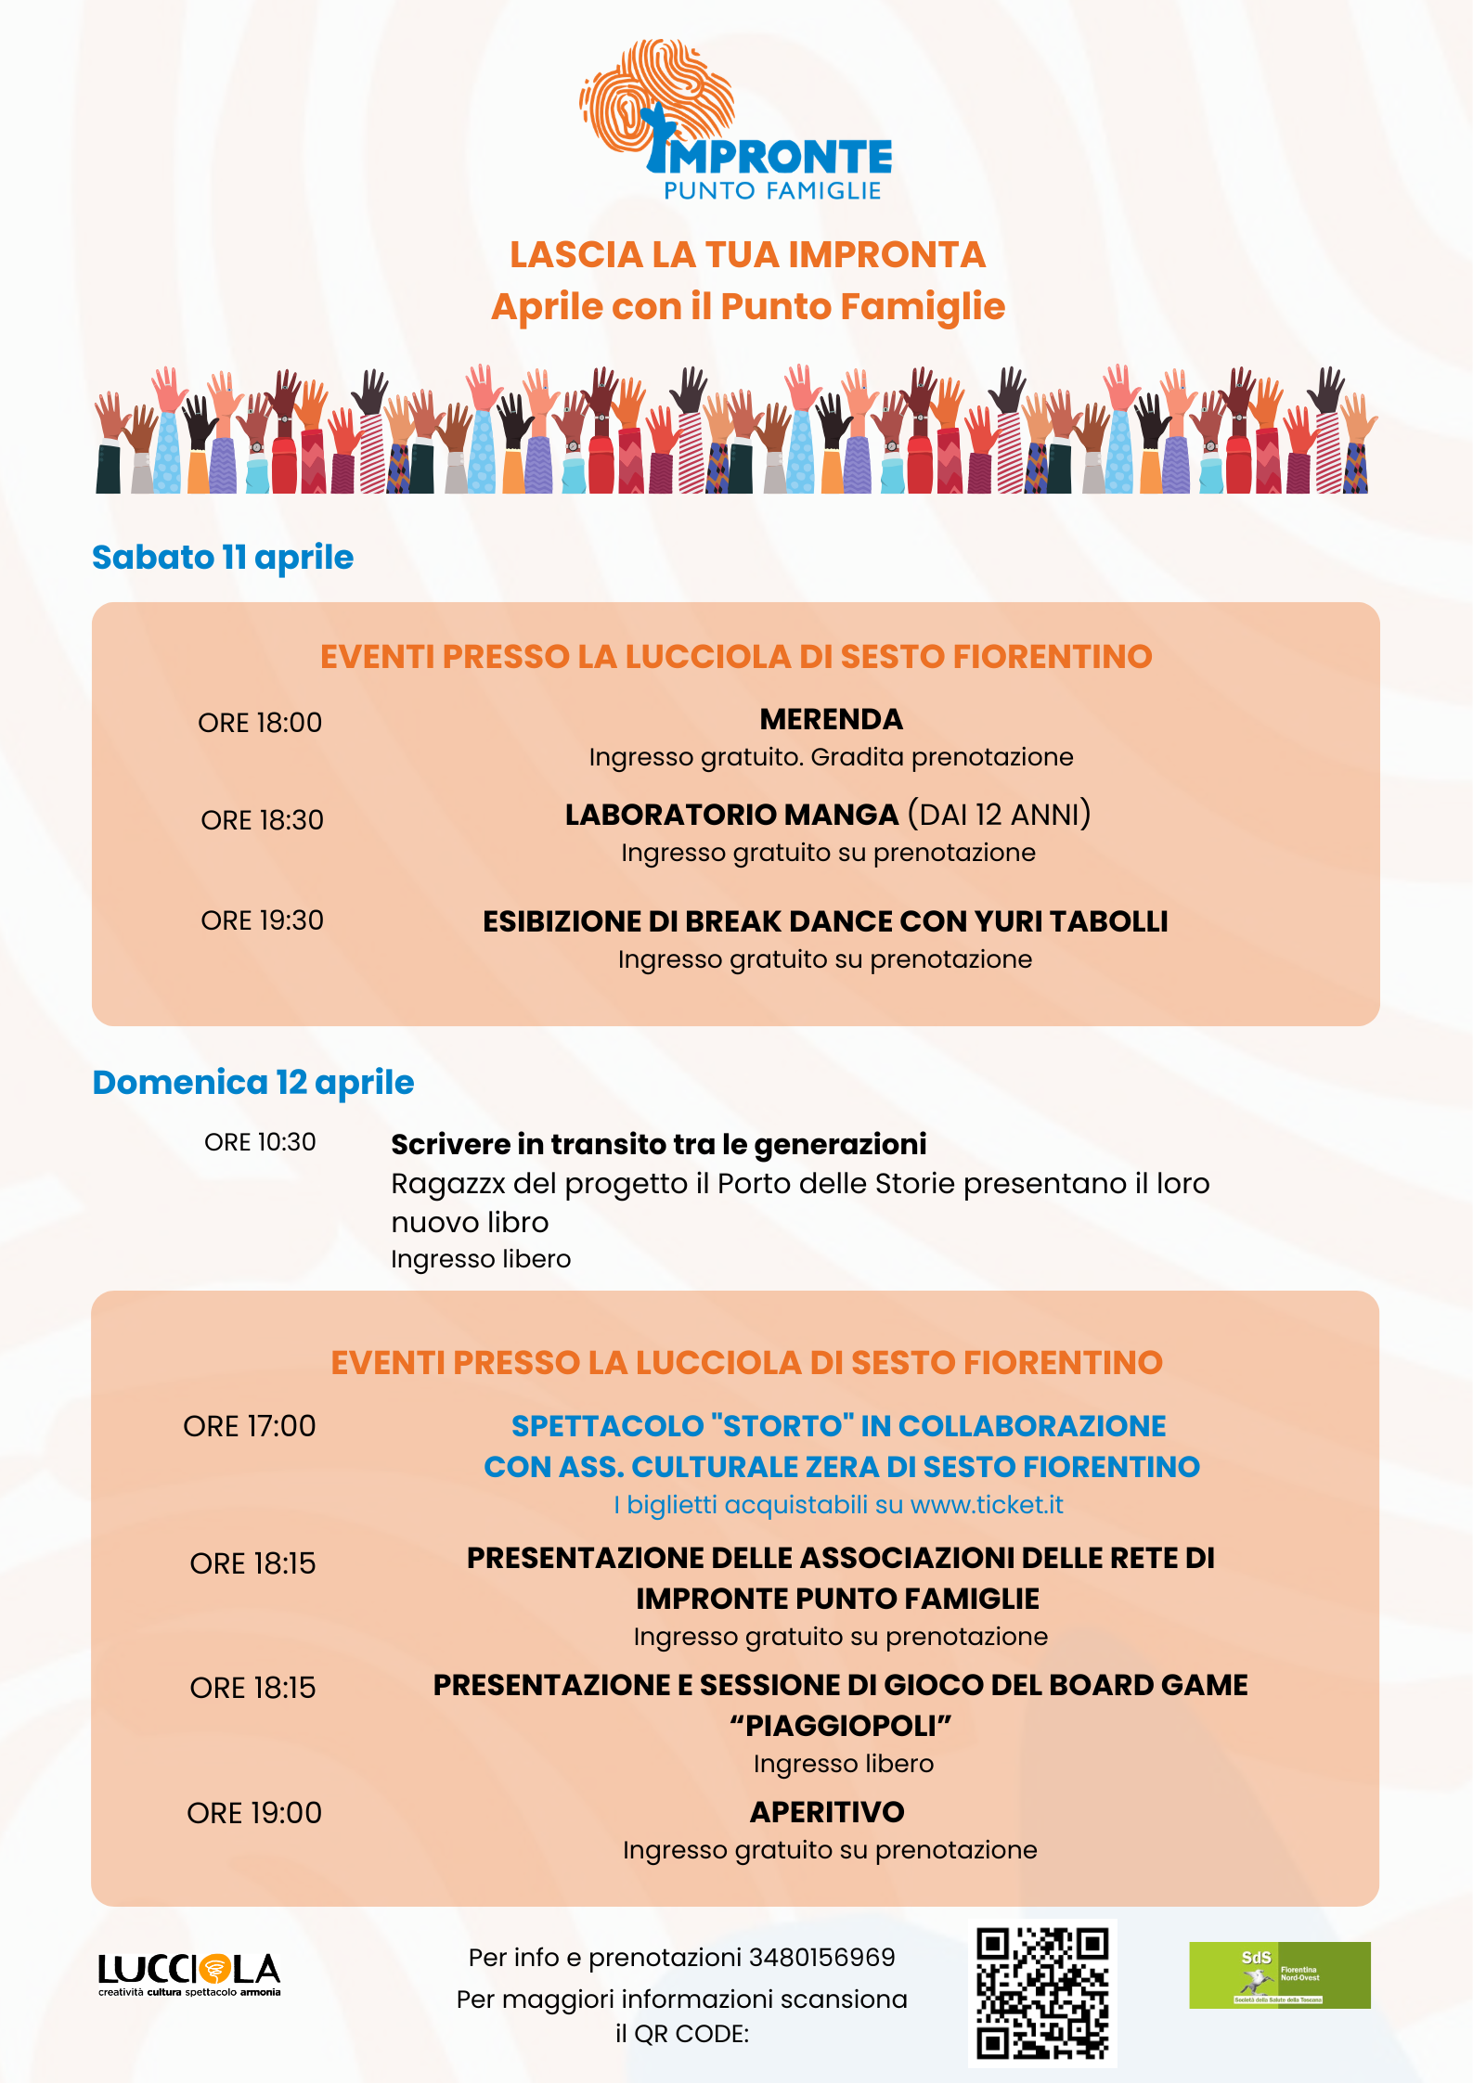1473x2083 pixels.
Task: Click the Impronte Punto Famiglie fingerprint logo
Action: pyautogui.click(x=735, y=121)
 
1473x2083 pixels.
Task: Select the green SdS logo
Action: pyautogui.click(x=1279, y=1974)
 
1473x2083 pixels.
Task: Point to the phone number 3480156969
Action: pyautogui.click(x=821, y=1957)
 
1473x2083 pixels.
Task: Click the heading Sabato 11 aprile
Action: pyautogui.click(x=223, y=557)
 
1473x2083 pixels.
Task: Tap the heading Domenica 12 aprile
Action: pyautogui.click(x=253, y=1082)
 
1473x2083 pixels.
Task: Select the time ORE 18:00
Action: pyautogui.click(x=260, y=722)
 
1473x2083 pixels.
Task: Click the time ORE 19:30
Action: pyautogui.click(x=262, y=919)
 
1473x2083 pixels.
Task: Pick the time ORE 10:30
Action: pyautogui.click(x=260, y=1141)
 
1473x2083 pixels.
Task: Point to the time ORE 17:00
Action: pyautogui.click(x=250, y=1425)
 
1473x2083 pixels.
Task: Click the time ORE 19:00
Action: pyautogui.click(x=254, y=1812)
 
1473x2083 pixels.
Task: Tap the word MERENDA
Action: pyautogui.click(x=831, y=719)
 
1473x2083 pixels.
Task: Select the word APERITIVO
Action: pyautogui.click(x=827, y=1811)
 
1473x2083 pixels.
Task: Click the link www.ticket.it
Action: pyautogui.click(x=987, y=1504)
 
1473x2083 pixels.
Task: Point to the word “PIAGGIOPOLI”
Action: pyautogui.click(x=841, y=1725)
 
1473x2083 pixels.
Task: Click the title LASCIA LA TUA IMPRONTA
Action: pyautogui.click(x=747, y=254)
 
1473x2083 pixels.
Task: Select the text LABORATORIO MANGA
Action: pyautogui.click(x=731, y=814)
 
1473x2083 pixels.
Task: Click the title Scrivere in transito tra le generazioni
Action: pyautogui.click(x=659, y=1144)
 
